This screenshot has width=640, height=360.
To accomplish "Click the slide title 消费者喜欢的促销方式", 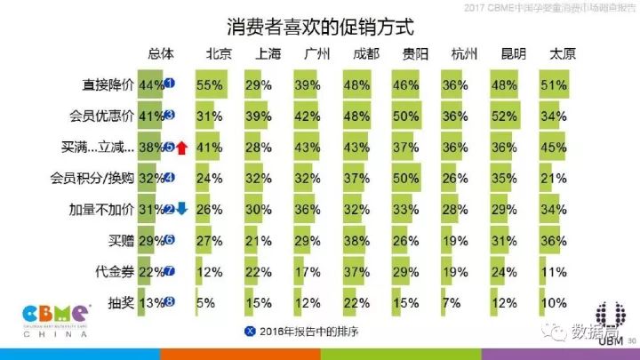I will pyautogui.click(x=319, y=24).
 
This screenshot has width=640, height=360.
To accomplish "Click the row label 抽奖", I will pyautogui.click(x=120, y=301).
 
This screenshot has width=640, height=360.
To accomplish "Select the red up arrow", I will pyautogui.click(x=180, y=148).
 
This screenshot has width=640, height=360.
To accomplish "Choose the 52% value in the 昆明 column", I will pyautogui.click(x=504, y=116).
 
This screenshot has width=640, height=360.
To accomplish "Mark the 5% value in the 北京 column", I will pyautogui.click(x=206, y=301).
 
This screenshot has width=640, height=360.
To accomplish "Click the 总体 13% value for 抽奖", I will pyautogui.click(x=152, y=301).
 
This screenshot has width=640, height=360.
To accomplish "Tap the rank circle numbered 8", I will pyautogui.click(x=169, y=301).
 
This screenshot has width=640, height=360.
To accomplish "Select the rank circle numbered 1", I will pyautogui.click(x=169, y=85).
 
